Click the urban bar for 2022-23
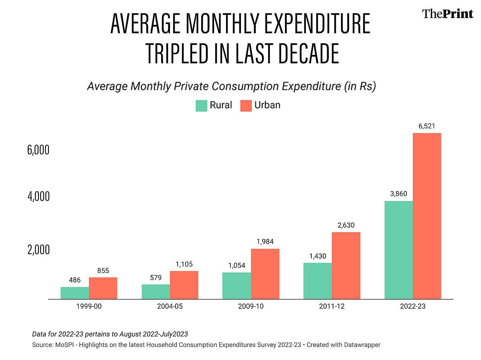pos(427,216)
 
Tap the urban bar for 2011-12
pos(346,265)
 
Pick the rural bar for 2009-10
pos(236,285)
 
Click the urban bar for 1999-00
pos(103,288)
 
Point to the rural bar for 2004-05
pos(156,291)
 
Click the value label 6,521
pos(427,127)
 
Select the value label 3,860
pos(398,194)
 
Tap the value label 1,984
pos(265,242)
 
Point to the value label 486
pos(75,280)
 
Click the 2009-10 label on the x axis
pos(251,307)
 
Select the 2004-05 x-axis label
pos(170,307)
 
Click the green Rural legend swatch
pos(201,106)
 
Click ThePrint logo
pos(447,14)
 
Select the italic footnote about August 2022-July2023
pos(110,334)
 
